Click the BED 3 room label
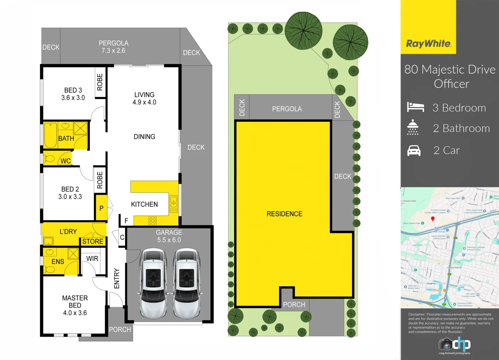(x=73, y=94)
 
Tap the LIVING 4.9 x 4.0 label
(x=144, y=98)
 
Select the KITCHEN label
(x=144, y=204)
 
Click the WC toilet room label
(x=65, y=161)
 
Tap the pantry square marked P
(x=101, y=208)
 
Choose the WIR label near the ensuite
(x=92, y=259)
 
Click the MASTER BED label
(x=75, y=305)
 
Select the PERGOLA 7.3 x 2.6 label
(x=113, y=47)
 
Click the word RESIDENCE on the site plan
(x=284, y=214)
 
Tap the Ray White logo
(x=428, y=44)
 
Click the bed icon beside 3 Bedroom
(x=415, y=107)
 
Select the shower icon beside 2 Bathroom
(x=413, y=127)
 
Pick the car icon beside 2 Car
(x=414, y=151)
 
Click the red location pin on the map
(x=433, y=219)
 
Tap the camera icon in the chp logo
(x=445, y=344)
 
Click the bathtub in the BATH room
(x=51, y=135)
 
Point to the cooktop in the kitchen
(x=153, y=220)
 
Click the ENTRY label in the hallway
(x=117, y=278)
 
